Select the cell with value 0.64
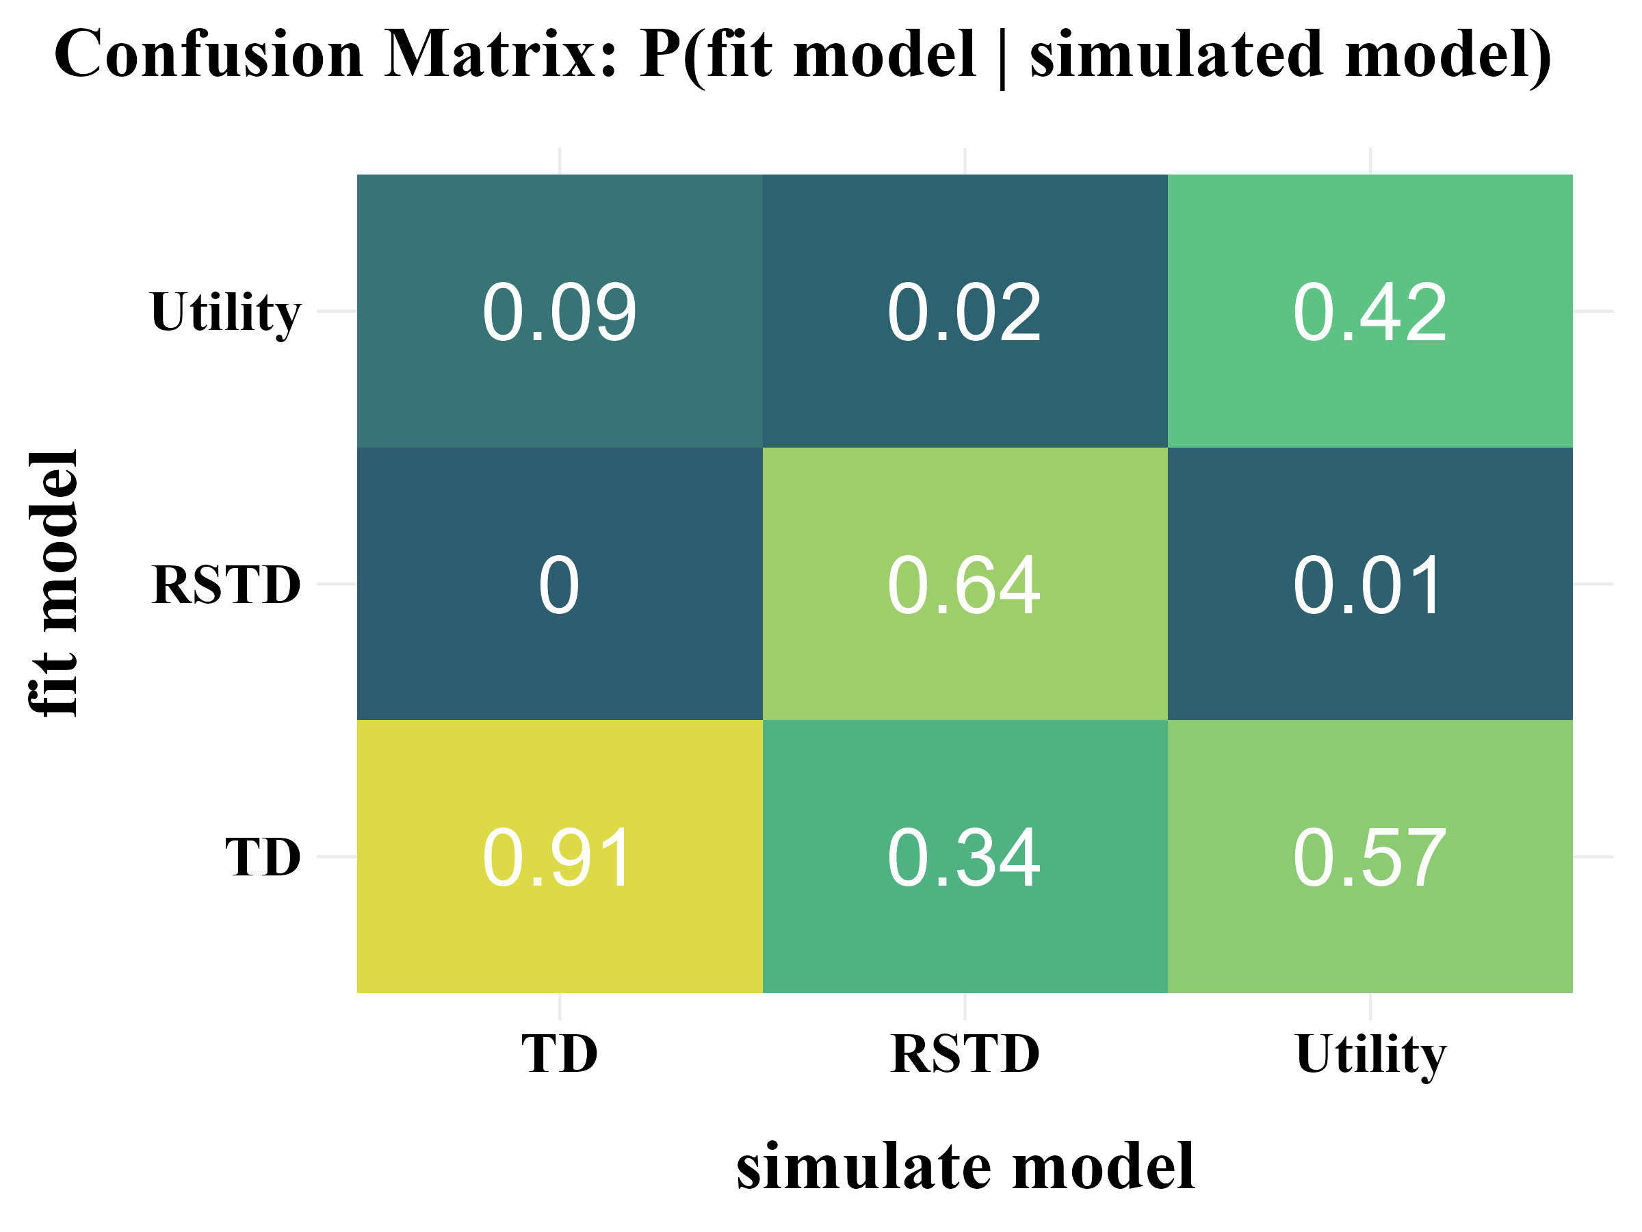pos(964,585)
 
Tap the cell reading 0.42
pos(1370,311)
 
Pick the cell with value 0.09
pos(559,311)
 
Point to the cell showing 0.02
pos(964,311)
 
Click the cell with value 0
pos(559,585)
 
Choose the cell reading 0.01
pos(1370,585)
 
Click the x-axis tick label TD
pos(559,1054)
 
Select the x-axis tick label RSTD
pos(964,1054)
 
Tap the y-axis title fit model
pos(53,584)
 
